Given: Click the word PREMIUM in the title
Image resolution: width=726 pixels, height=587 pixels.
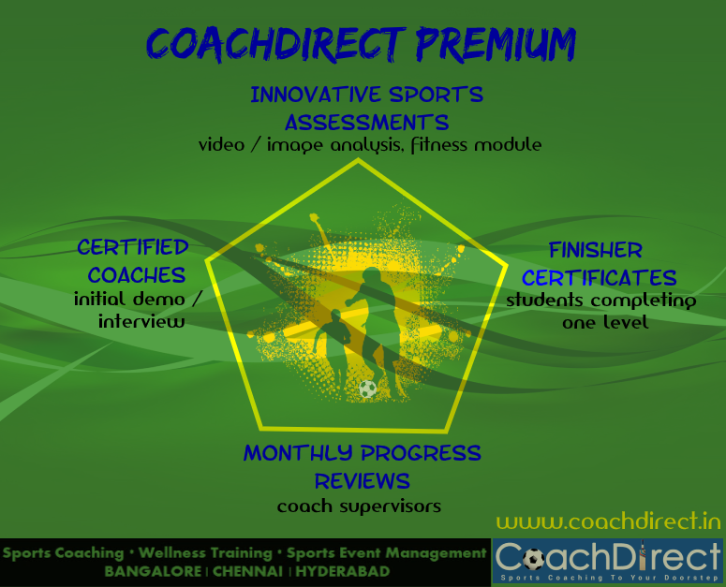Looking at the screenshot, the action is point(496,44).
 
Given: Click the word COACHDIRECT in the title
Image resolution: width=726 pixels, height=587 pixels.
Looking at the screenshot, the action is point(276,44).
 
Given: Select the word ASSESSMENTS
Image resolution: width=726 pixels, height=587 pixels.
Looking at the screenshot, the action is point(366,123).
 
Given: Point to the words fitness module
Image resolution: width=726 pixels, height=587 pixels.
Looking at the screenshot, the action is point(476,145).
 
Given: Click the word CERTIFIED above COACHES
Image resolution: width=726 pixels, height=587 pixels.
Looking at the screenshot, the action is point(133,247).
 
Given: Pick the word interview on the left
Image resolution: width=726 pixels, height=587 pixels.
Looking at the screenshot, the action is point(141,321).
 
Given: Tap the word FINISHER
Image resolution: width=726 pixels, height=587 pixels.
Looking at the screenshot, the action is point(596,251).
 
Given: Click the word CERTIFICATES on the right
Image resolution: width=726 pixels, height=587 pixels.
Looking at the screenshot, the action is point(600,278).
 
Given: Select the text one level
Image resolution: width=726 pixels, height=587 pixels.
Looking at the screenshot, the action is point(605,322).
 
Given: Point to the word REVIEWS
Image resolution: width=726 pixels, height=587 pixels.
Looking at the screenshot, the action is point(363,481).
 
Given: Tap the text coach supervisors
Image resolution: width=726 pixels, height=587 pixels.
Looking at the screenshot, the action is point(359,506).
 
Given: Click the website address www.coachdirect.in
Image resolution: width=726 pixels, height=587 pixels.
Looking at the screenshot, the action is point(609,521).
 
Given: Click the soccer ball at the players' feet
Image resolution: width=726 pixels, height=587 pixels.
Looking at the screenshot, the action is point(367,389).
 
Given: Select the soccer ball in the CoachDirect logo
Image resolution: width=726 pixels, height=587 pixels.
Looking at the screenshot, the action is point(533,559).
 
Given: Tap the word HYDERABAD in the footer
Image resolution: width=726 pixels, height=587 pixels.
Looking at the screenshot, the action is point(343,572).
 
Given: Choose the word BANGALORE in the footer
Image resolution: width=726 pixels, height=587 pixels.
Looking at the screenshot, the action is point(153,572).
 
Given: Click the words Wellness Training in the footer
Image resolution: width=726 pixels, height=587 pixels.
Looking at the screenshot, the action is point(205,552).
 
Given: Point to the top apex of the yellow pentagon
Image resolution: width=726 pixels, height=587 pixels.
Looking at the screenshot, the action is point(358,159).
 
